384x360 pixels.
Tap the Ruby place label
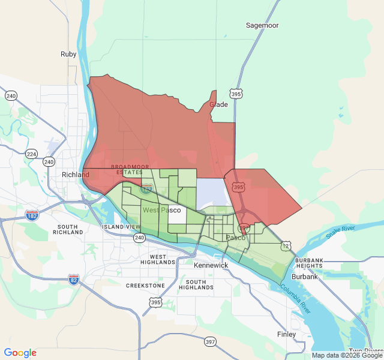68,54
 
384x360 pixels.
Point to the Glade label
218,104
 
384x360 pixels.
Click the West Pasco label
161,210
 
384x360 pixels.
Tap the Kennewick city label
211,265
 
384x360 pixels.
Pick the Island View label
121,227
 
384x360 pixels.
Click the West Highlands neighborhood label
158,259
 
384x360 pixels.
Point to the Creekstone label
145,286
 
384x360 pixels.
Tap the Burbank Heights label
309,263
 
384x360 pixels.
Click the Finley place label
286,334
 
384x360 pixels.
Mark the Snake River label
340,232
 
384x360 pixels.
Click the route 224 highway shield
31,154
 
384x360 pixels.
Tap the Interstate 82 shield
74,279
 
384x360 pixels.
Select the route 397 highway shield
209,342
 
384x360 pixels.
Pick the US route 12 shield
286,246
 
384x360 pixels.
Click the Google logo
20,353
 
